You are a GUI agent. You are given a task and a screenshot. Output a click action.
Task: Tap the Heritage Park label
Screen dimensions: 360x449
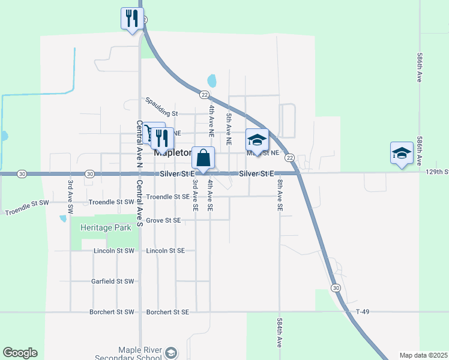(93, 229)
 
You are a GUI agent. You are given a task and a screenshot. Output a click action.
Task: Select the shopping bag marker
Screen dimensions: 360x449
(203, 158)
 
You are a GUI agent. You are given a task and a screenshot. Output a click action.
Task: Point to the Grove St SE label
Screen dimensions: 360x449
(163, 220)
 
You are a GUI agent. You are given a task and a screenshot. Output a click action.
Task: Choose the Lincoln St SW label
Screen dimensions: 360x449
(114, 250)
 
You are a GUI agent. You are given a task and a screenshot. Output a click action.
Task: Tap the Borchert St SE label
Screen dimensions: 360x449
(167, 312)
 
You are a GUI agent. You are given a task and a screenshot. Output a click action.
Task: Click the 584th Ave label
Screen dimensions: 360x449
(280, 333)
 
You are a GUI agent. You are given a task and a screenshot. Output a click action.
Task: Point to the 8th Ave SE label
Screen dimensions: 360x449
(280, 194)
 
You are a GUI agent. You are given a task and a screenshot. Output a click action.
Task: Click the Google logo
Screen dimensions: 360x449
(20, 353)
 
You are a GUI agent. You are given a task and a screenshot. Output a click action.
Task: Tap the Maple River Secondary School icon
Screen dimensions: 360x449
(171, 352)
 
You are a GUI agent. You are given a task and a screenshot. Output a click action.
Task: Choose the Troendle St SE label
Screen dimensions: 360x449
(167, 197)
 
